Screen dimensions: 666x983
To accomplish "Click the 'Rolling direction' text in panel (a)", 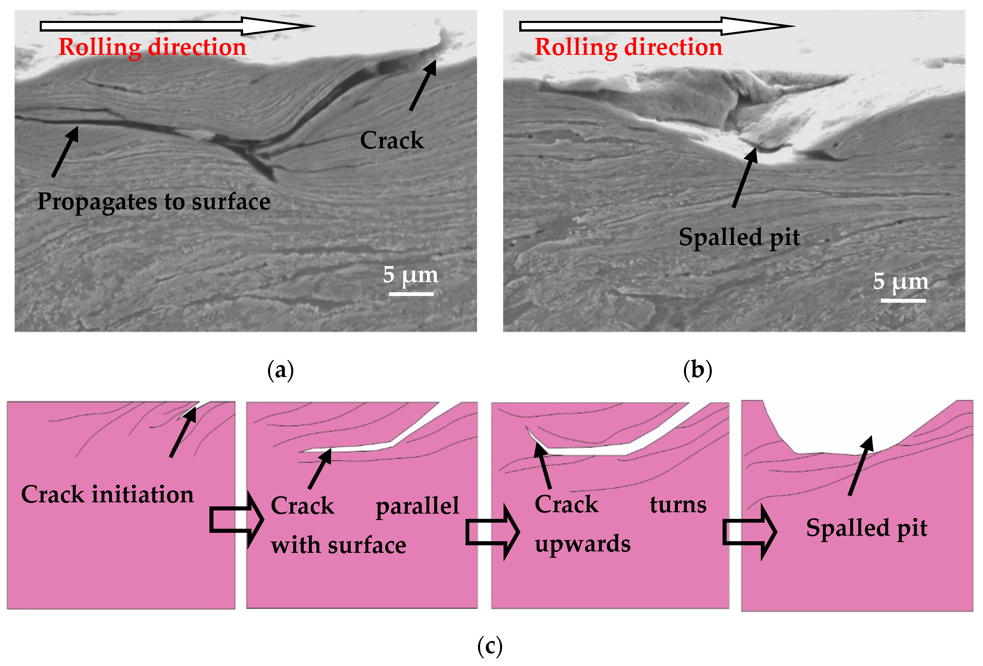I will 152,47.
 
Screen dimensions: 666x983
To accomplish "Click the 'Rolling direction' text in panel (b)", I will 629,47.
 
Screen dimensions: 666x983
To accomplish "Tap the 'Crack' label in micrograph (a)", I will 392,140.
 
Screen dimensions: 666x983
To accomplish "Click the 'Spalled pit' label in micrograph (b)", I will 739,237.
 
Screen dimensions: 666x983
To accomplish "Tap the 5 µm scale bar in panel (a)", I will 411,293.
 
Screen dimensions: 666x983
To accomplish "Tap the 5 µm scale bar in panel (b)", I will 903,300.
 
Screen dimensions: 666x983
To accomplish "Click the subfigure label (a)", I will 280,371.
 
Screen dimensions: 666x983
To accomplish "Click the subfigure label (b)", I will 698,371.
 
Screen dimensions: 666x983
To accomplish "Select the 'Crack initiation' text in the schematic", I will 107,494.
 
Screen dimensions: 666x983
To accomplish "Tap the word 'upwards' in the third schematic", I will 582,544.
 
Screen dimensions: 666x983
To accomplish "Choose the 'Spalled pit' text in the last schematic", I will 867,528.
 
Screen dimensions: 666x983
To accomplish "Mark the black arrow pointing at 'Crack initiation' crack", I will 183,432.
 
